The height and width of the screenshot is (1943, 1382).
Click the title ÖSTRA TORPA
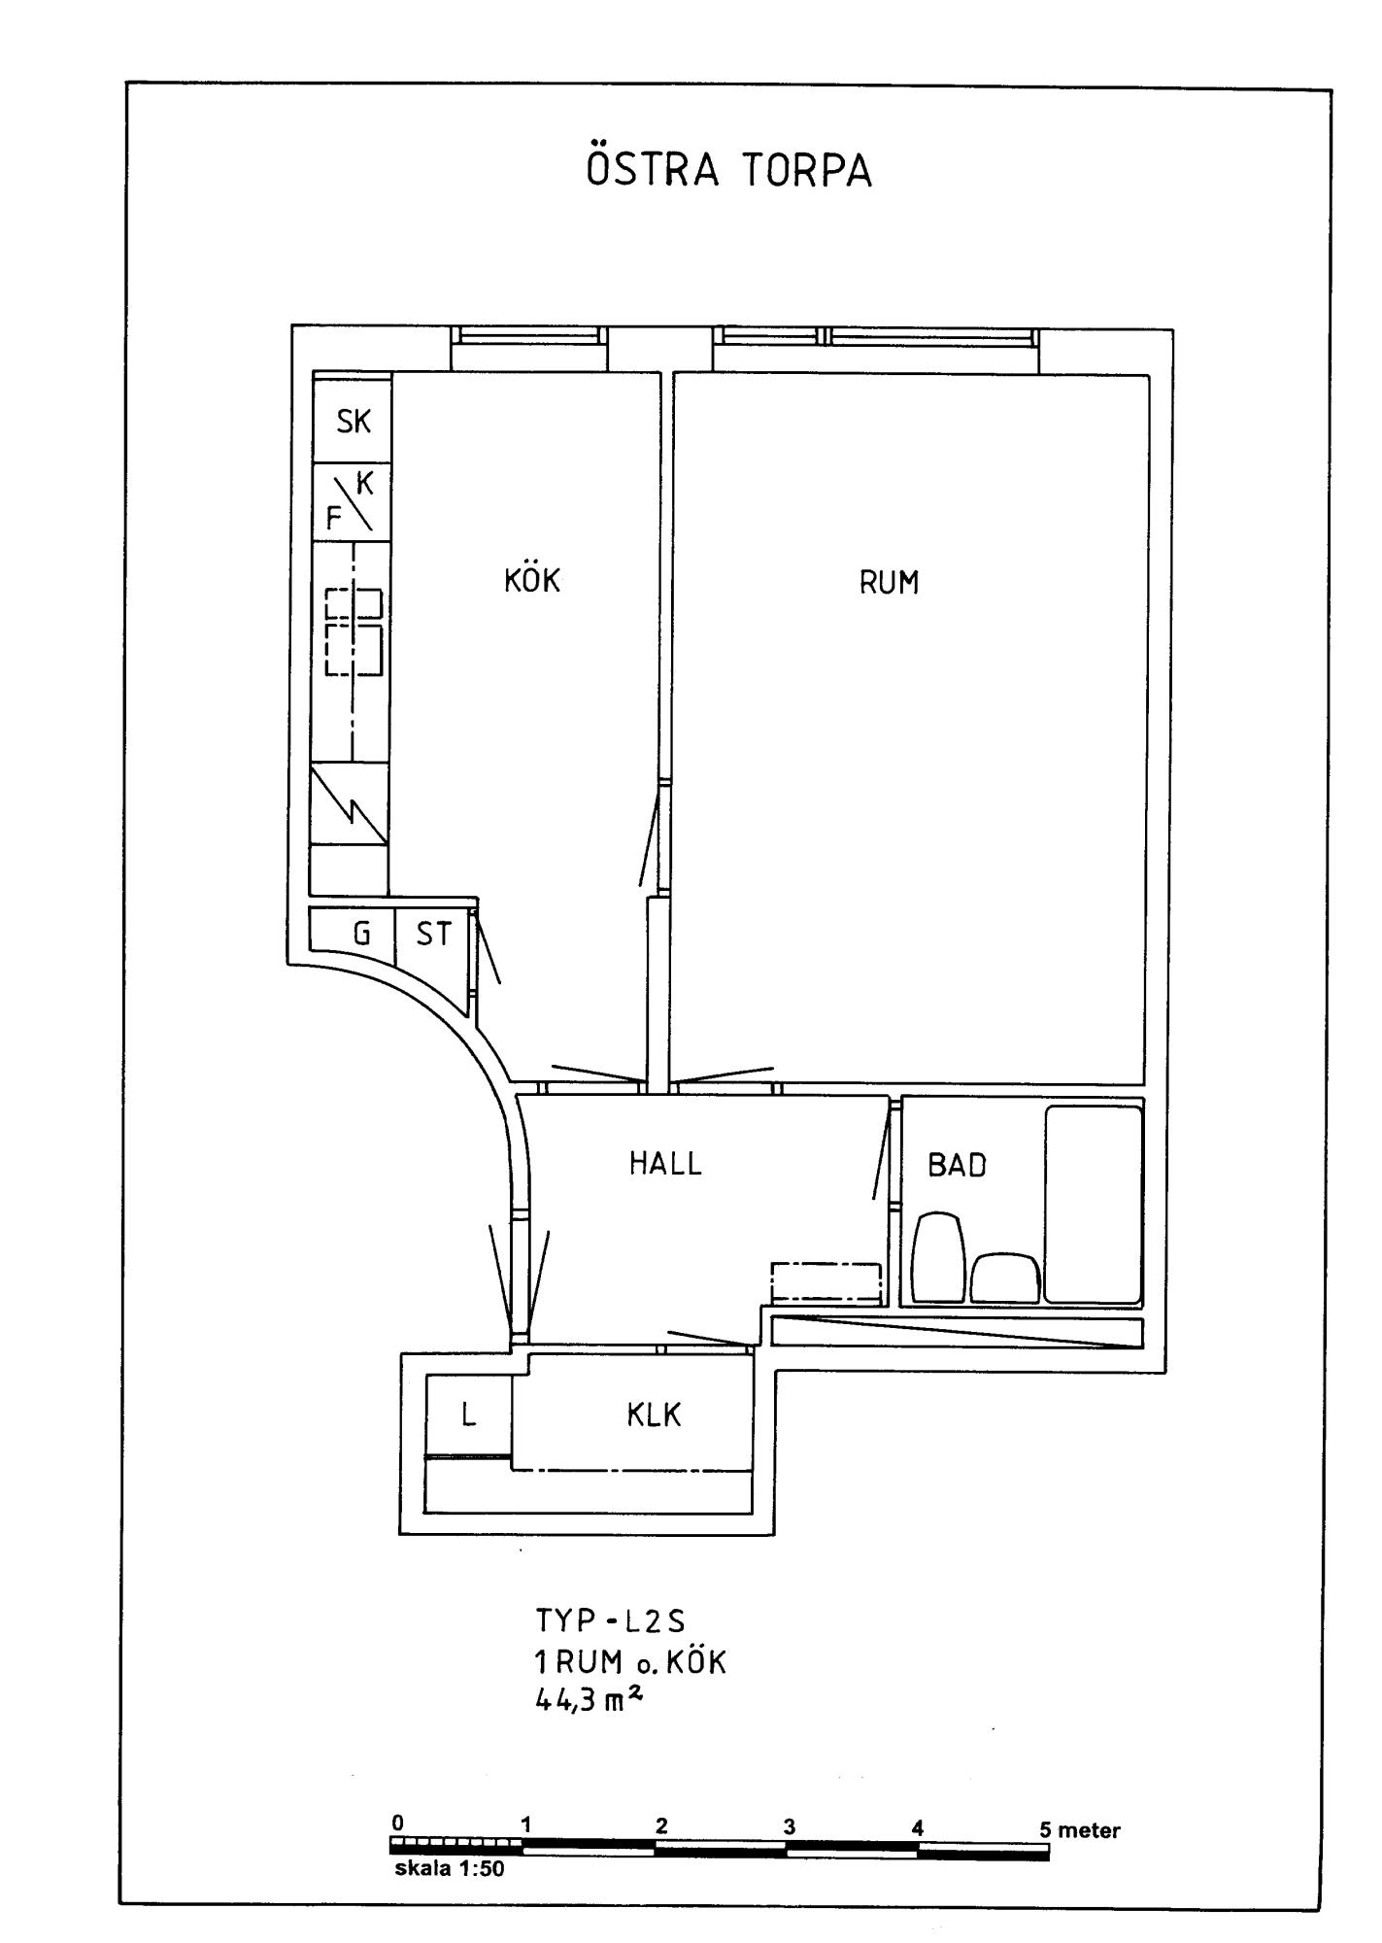click(729, 168)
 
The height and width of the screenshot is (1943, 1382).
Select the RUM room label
click(889, 582)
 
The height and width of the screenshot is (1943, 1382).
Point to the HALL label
click(665, 1163)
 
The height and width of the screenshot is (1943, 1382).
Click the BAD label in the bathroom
click(957, 1165)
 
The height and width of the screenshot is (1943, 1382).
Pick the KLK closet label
click(654, 1415)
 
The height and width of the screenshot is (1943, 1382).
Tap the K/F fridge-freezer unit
click(352, 502)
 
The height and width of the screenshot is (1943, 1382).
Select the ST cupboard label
click(433, 934)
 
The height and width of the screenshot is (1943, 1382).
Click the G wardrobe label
click(361, 934)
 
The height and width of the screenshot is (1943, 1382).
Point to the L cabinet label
click(468, 1415)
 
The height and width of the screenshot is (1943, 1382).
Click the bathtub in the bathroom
click(1093, 1204)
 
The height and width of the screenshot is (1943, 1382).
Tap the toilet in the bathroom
click(938, 1256)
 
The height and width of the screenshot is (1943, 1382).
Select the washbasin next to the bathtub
click(1005, 1278)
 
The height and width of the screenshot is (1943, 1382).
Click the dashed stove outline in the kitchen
click(354, 631)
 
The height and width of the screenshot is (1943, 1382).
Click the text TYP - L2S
click(611, 1620)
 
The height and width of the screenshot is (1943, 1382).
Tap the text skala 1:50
click(449, 1868)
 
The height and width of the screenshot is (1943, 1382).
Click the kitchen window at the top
click(529, 335)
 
